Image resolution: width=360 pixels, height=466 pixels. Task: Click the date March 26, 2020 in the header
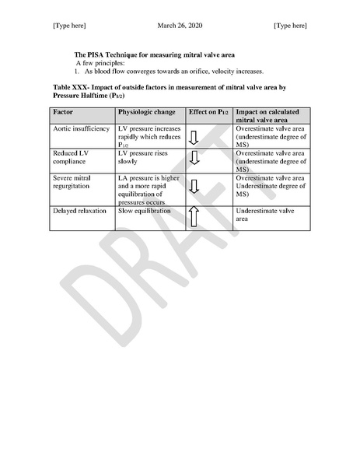180,26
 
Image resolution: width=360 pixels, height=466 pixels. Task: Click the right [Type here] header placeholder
290,26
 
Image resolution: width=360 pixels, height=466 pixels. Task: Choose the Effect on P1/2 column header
207,112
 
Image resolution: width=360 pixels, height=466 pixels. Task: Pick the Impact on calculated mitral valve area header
271,116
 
